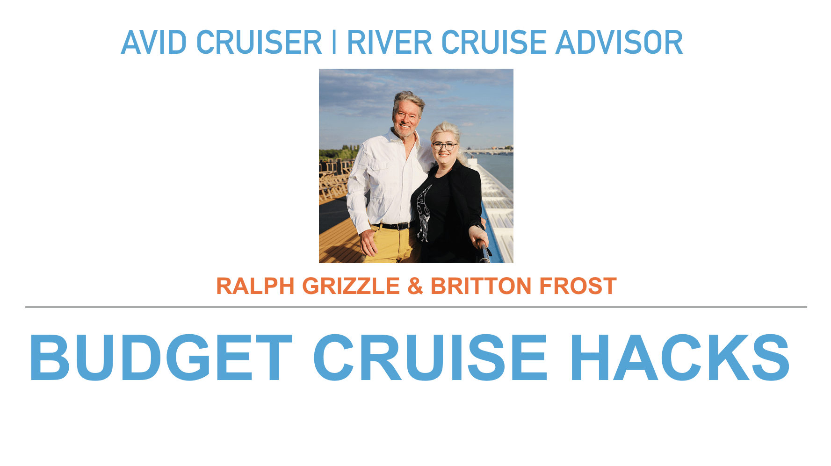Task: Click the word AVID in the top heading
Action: pos(154,43)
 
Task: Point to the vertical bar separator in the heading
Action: pos(334,43)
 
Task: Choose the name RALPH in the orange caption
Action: pos(255,286)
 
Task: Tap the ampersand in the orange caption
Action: pos(415,286)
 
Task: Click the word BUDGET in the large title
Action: pos(161,358)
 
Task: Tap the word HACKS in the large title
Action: pos(679,358)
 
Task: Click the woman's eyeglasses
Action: pos(444,146)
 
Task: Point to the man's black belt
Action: pos(392,226)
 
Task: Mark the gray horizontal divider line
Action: pos(416,307)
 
